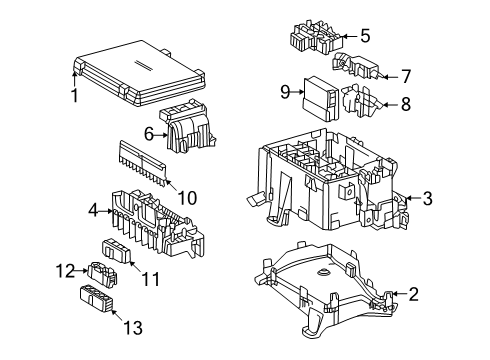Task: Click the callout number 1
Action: pos(74,96)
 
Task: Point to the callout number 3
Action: pos(428,198)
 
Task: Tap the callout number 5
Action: pos(365,36)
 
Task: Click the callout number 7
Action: pos(379,74)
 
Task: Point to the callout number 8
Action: pos(379,102)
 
